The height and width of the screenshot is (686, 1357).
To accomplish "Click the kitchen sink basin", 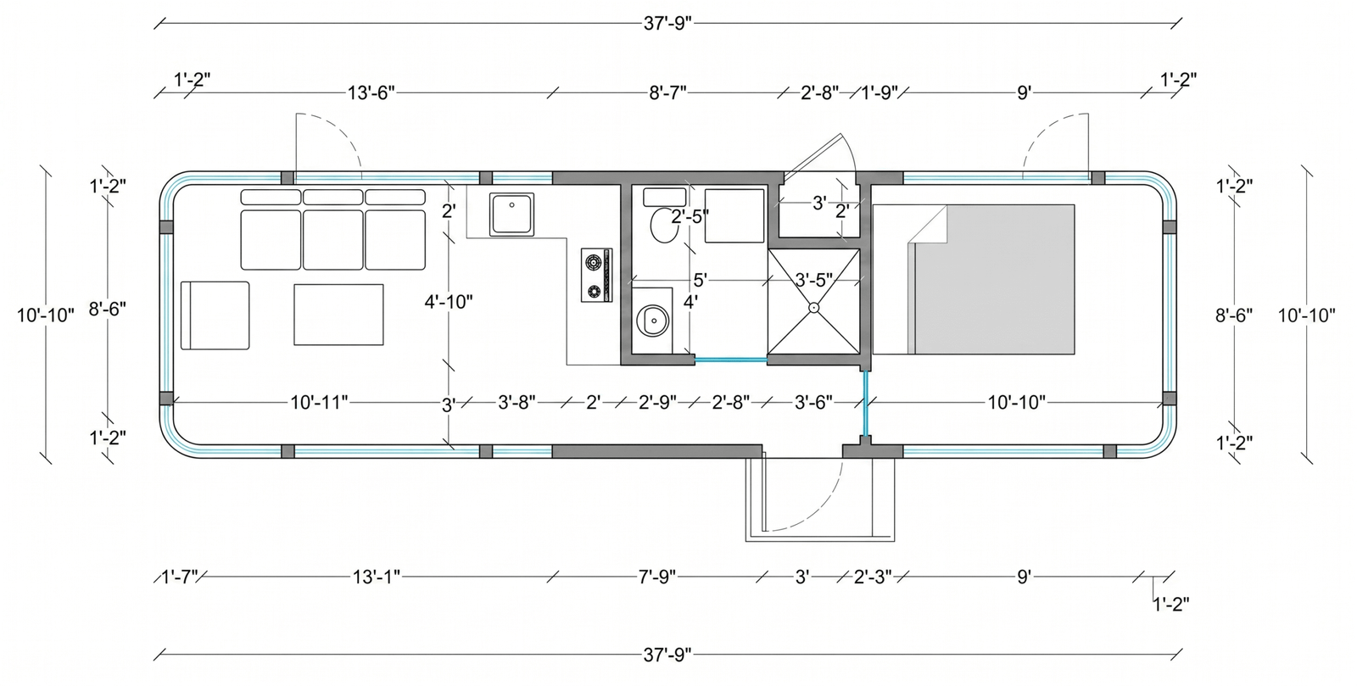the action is pos(512,214).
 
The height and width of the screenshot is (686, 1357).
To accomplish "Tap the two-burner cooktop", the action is pos(597,275).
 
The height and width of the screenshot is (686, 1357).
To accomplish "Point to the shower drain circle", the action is pos(813,308).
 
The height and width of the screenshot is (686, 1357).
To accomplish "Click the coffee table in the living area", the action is pos(338,315).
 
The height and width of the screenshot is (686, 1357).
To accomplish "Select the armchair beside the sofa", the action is pos(215,315).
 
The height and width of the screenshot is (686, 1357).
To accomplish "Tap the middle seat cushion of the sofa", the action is pos(332,240).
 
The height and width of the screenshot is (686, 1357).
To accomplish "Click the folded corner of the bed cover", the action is pos(927,224).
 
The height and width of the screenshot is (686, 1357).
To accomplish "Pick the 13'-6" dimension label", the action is pos(371,93).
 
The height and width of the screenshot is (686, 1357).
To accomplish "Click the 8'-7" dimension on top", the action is pos(667,93).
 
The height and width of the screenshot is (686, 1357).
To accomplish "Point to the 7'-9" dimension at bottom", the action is pos(656,577).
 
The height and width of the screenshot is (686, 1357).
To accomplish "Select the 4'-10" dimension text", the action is pos(449,302).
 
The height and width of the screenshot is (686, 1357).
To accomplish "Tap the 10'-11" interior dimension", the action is pos(319,402).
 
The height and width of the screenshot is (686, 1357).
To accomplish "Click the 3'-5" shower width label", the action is pos(813,281).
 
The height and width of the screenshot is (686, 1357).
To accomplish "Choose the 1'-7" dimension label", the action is pos(180,577).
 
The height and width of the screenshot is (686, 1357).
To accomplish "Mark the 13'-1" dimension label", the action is pos(377,577).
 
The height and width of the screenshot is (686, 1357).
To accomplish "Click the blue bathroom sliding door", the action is pos(731,360).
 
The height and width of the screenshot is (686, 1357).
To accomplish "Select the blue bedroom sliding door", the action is pos(866,404).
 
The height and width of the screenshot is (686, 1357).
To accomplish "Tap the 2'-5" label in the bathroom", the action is pos(690,216).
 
